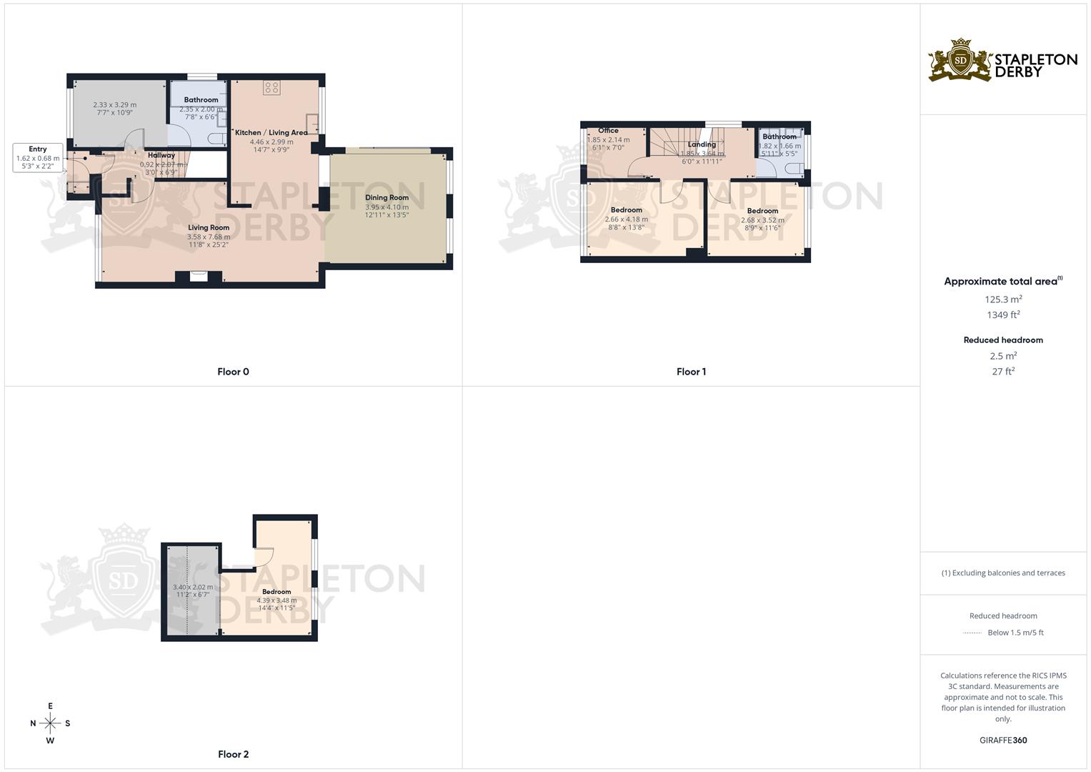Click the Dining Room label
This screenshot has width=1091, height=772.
click(387, 198)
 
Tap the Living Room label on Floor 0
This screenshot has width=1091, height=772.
click(209, 228)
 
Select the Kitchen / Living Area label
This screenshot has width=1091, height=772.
click(271, 133)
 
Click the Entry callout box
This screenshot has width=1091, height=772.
click(38, 158)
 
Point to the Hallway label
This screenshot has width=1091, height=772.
click(161, 155)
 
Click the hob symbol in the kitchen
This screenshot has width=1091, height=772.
click(271, 88)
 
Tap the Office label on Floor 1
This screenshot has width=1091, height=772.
click(608, 131)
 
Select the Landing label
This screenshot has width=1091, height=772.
click(702, 144)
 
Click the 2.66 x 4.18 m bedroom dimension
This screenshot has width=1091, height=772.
click(626, 219)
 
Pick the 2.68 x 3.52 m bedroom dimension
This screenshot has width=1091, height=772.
click(762, 220)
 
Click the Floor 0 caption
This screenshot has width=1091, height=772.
click(233, 372)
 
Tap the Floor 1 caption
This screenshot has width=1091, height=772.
click(691, 372)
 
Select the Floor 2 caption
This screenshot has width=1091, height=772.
click(233, 754)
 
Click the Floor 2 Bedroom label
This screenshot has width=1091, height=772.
click(277, 592)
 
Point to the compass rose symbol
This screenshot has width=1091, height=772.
click(50, 723)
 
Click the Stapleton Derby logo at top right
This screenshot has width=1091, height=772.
click(1002, 61)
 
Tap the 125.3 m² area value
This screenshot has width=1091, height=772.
click(1003, 300)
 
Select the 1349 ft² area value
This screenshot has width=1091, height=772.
click(1003, 315)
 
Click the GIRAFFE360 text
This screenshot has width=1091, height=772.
click(1003, 741)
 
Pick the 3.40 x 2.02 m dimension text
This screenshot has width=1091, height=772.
click(193, 588)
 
